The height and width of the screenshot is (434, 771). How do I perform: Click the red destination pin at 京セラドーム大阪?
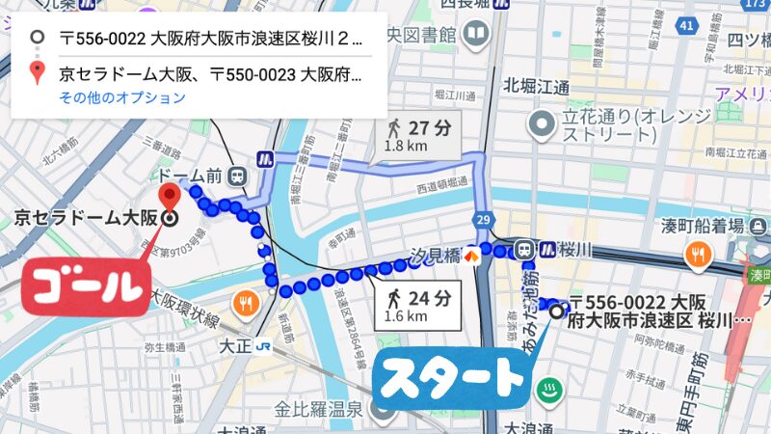(171, 199)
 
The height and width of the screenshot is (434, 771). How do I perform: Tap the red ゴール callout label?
(82, 286)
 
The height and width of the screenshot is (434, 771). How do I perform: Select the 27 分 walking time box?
(418, 134)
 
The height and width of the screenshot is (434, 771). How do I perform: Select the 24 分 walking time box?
(417, 306)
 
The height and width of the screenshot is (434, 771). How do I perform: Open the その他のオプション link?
(121, 97)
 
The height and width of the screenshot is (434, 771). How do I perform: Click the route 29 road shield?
(482, 220)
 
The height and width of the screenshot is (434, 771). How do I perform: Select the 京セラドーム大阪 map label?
(85, 218)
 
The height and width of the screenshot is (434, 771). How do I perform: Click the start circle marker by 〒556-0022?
(556, 311)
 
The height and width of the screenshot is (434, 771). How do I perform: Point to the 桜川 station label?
(574, 248)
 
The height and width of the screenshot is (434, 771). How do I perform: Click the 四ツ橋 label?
(748, 40)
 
